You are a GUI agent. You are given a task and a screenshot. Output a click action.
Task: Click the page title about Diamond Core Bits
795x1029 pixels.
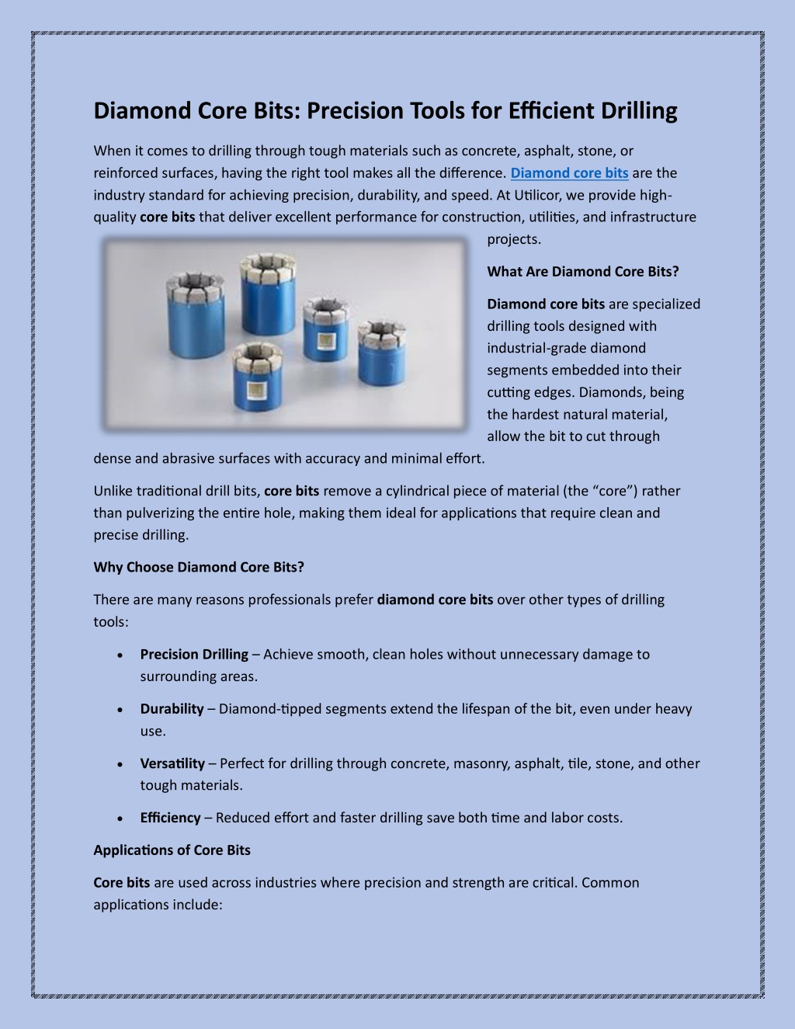point(385,111)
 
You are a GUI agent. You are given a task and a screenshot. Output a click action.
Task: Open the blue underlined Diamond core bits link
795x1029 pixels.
point(569,173)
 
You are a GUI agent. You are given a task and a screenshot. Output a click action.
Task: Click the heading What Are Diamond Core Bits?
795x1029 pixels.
point(582,272)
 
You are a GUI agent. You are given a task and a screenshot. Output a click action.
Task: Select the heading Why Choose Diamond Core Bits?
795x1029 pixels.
point(199,567)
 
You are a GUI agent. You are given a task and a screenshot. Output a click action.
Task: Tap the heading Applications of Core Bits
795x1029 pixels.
point(172,850)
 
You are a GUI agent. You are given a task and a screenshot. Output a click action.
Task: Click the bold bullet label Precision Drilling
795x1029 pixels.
point(194,655)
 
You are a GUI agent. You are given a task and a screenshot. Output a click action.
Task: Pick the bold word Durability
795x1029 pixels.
point(172,709)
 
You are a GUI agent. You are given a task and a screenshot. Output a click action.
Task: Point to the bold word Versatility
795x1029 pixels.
point(172,763)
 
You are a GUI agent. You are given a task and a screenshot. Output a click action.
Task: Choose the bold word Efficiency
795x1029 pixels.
point(170,818)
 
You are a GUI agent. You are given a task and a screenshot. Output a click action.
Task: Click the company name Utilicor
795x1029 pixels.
point(526,195)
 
